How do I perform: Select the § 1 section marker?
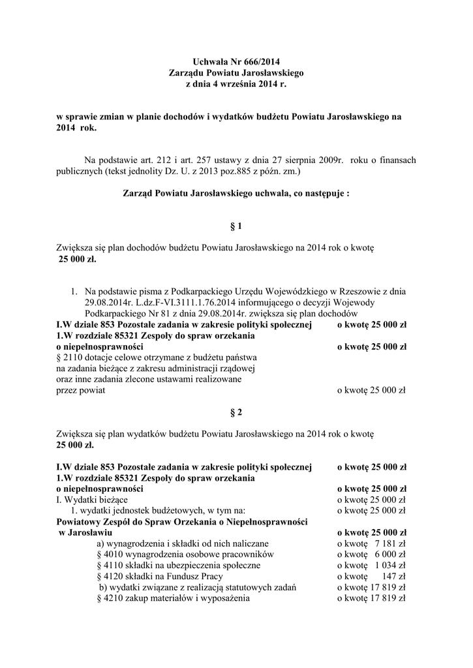point(236,226)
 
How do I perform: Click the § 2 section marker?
point(236,412)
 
